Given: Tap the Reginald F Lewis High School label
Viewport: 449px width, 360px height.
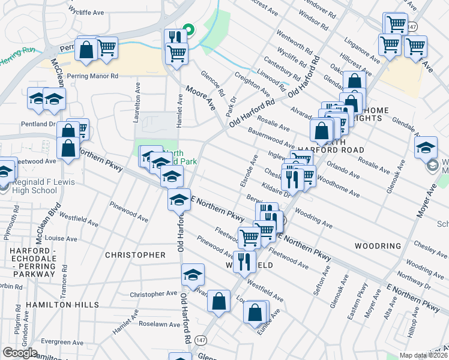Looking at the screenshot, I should click(35, 186).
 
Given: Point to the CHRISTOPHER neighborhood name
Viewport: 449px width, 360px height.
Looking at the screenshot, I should click(135, 255).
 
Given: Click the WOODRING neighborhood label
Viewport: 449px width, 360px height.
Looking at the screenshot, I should click(378, 246).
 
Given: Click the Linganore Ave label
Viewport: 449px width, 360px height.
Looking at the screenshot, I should click(362, 50).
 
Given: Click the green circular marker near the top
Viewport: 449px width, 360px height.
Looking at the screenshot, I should click(188, 29).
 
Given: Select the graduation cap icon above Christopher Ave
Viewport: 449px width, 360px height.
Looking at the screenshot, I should click(192, 274).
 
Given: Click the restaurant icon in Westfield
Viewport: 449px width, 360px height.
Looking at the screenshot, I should click(244, 262).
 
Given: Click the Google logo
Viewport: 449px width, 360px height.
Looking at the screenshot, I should click(20, 353).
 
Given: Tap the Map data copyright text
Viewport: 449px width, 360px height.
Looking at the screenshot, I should click(424, 355).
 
